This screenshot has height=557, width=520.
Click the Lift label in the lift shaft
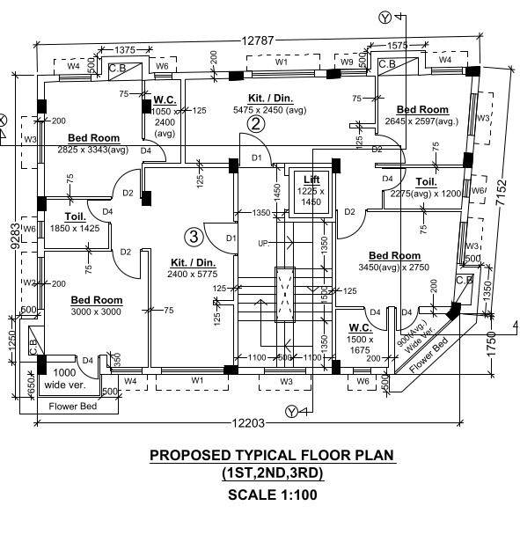[311, 180]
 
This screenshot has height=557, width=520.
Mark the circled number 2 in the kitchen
[255, 124]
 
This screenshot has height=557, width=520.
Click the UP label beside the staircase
[262, 243]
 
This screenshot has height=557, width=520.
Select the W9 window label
[347, 62]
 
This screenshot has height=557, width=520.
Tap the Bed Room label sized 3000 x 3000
[97, 300]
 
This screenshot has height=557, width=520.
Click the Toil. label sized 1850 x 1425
[74, 216]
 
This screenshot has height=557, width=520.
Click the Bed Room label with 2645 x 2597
[422, 109]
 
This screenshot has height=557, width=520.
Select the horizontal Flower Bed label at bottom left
[72, 407]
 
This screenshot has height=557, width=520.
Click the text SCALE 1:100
[272, 495]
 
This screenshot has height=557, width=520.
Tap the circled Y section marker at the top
[384, 18]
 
